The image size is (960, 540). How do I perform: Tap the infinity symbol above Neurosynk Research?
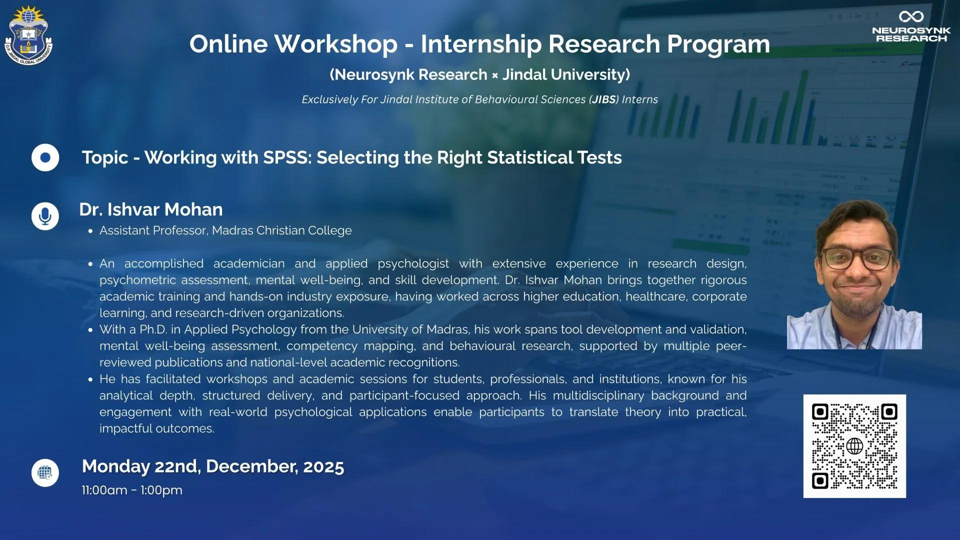pos(911,16)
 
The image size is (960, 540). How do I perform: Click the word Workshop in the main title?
pos(336,44)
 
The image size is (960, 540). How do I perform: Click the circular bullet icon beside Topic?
pos(45,157)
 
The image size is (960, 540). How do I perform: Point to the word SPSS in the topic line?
pos(287,157)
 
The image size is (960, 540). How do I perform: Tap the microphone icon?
pos(45,216)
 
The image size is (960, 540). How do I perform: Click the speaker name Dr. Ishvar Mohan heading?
pos(150,209)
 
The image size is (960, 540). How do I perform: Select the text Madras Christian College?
pos(281,230)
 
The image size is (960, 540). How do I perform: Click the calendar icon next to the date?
pos(45,472)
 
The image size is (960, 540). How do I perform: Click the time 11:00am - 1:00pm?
pos(132,490)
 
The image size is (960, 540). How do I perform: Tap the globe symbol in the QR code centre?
pos(854,446)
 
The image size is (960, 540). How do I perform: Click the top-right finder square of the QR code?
pos(889,412)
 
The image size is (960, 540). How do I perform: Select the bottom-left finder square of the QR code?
pos(820,481)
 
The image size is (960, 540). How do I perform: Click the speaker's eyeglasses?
pos(856,258)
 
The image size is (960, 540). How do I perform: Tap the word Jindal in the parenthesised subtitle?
pos(524,74)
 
